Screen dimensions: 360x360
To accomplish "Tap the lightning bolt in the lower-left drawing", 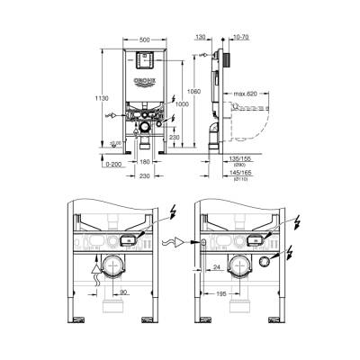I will pos(172,214).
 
